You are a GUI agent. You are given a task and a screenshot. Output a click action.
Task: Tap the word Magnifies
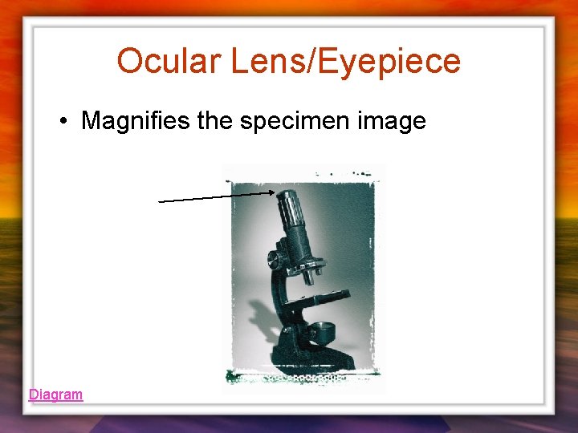pyautogui.click(x=137, y=121)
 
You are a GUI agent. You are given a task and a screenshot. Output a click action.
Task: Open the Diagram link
pyautogui.click(x=55, y=395)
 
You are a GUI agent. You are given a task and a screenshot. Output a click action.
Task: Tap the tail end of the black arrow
pyautogui.click(x=161, y=201)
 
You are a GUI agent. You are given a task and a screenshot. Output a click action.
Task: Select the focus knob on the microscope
pyautogui.click(x=275, y=259)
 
